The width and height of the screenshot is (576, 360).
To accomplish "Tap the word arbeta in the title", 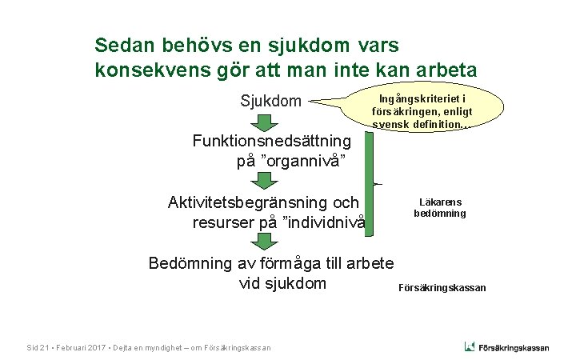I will tap(448, 70).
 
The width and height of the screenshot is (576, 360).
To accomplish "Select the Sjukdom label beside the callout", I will tap(271, 102).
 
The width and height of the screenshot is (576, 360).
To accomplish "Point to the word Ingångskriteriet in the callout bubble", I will tap(406, 98).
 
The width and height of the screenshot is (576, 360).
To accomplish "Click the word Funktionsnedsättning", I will tap(272, 141).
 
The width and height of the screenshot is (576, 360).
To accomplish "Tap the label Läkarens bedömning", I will tap(439, 208).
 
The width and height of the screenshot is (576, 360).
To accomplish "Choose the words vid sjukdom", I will tap(282, 283).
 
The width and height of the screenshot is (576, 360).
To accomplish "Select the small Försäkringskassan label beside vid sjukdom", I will tap(442, 288).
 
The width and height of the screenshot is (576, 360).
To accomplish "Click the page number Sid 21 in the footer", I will tap(38, 347).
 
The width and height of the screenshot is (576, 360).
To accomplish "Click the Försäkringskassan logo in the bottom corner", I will tap(506, 346).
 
